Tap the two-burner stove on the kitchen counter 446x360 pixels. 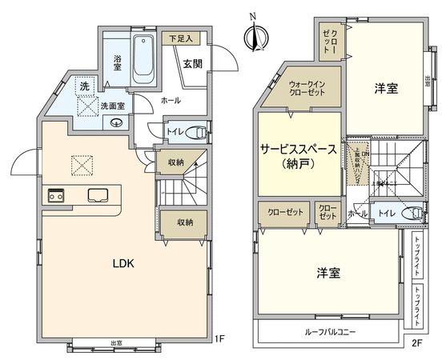click(x=57, y=194)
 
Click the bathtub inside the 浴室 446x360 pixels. click(x=145, y=61)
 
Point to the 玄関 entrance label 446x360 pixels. click(x=192, y=64)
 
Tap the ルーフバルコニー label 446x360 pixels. click(x=330, y=331)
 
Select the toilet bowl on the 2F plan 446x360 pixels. click(x=412, y=214)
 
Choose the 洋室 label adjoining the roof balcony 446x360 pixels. click(x=328, y=273)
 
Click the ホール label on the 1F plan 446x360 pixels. click(x=171, y=101)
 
